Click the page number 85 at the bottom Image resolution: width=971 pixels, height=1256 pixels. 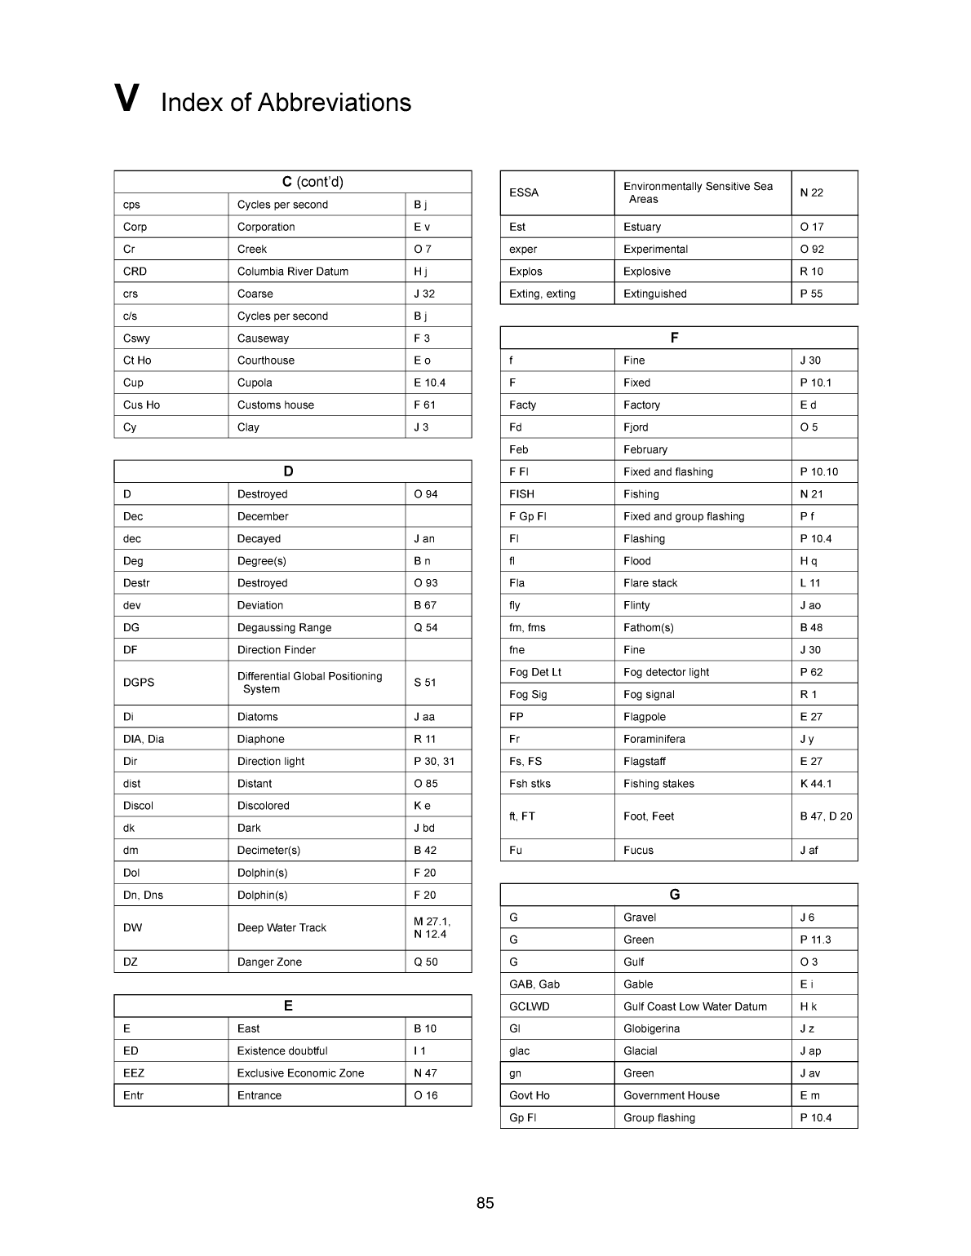coord(485,1203)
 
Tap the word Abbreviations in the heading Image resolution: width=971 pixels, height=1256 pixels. coord(335,103)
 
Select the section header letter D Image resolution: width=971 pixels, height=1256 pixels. coord(288,471)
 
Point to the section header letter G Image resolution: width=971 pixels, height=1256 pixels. coord(675,895)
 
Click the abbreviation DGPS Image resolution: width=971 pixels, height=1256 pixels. coord(139,683)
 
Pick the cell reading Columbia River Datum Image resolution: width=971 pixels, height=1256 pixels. coord(293,272)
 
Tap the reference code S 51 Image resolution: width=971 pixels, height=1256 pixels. coord(425,683)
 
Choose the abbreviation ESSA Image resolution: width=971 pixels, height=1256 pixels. coord(524,193)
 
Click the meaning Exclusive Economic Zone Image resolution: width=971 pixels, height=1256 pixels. coord(300,1073)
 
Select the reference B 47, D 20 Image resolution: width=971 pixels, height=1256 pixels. coord(826,816)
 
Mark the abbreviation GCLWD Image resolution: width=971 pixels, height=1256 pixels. coord(530,1006)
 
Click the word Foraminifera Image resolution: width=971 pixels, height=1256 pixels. coord(654,739)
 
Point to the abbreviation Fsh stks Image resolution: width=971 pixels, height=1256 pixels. coord(530,784)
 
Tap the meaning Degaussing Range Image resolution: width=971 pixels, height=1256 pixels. coord(284,628)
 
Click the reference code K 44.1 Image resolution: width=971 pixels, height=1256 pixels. coord(816,784)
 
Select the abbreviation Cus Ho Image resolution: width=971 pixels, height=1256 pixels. coord(141,405)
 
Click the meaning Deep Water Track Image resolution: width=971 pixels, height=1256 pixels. coord(282,928)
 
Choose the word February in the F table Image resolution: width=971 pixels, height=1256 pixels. coord(645,449)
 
